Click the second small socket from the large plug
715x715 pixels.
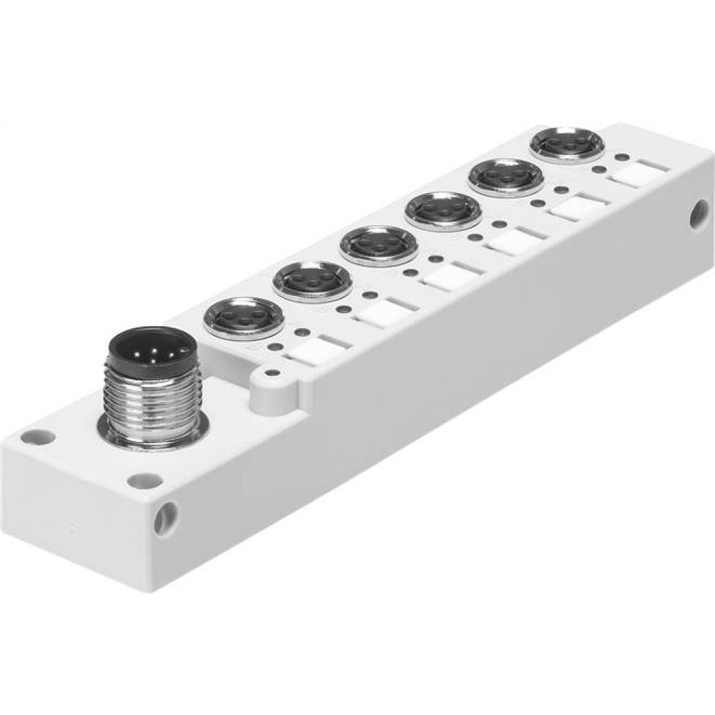tap(303, 280)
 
